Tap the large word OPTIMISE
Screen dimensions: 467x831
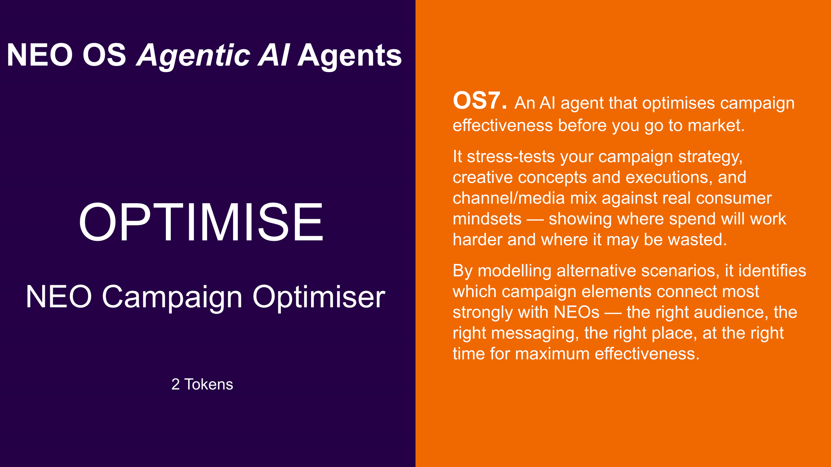[x=201, y=222]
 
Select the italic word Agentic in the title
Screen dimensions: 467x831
[x=193, y=55]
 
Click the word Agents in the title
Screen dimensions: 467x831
[x=350, y=55]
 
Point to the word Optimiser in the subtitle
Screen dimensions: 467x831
[x=319, y=297]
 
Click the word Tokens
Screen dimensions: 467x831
[x=209, y=384]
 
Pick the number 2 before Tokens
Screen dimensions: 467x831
[x=176, y=384]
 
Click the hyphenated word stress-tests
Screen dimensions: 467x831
[x=511, y=156]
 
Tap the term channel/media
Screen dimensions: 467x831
[x=509, y=198]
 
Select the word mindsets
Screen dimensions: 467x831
[x=487, y=219]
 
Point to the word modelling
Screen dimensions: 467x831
[x=514, y=271]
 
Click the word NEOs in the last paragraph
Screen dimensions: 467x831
[x=577, y=313]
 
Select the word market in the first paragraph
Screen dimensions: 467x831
[x=716, y=126]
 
